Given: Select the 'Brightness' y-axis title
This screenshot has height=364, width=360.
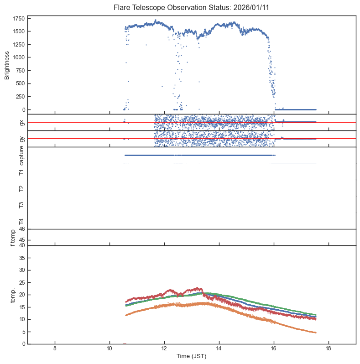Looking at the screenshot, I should tap(7, 64).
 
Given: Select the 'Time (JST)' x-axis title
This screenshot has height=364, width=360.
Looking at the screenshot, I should tap(191, 356).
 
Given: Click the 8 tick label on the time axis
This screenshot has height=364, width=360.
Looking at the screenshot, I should tap(55, 349).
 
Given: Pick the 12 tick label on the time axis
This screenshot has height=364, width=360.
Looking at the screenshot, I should tap(164, 349).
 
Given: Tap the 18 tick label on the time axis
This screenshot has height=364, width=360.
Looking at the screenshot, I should tap(329, 349).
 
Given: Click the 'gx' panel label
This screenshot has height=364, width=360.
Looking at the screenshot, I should tap(21, 122).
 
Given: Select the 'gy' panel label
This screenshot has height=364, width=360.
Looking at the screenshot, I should tap(21, 139).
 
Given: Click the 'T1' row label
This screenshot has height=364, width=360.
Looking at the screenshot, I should tap(21, 172).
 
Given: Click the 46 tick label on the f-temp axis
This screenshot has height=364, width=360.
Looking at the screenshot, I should tap(21, 229).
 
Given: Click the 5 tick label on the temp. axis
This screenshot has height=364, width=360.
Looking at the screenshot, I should tap(22, 332).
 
